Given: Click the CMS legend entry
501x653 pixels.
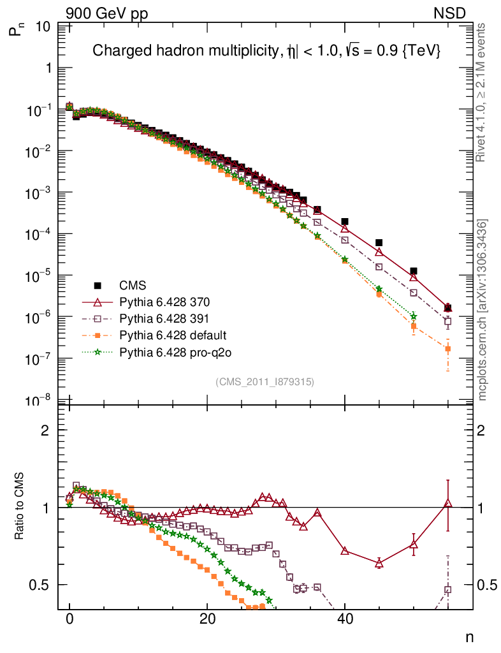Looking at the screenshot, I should pyautogui.click(x=136, y=285).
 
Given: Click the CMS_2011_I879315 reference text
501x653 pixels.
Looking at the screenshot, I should pyautogui.click(x=265, y=381).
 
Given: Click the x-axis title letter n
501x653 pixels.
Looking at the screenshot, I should pyautogui.click(x=468, y=636).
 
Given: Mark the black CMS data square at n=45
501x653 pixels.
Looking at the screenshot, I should pyautogui.click(x=379, y=242).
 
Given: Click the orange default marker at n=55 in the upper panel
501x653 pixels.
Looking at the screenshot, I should pyautogui.click(x=447, y=349).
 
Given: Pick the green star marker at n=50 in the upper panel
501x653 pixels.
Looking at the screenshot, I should pyautogui.click(x=414, y=316).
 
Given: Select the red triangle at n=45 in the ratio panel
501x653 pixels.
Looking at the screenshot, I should pyautogui.click(x=379, y=562).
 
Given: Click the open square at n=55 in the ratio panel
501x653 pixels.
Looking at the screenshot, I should pyautogui.click(x=447, y=590).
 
